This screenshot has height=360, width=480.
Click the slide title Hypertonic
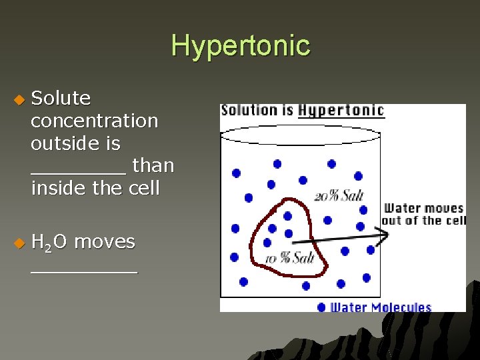241,45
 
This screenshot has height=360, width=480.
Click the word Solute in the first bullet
61,98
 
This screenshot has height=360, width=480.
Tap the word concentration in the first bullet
94,121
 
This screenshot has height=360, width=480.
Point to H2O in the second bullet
49,242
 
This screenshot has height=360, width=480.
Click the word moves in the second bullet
105,241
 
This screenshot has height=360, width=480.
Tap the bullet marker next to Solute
19,99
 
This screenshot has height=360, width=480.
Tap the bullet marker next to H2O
19,243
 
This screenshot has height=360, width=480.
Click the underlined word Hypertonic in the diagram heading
341,110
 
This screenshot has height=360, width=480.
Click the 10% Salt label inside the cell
289,258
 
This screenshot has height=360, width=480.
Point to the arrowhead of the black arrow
384,234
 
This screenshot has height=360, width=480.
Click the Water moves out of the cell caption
423,215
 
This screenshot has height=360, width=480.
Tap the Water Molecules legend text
381,307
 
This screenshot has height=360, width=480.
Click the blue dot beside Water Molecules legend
322,307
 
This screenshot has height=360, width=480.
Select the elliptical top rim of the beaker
300,135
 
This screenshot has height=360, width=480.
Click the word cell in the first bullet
145,188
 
